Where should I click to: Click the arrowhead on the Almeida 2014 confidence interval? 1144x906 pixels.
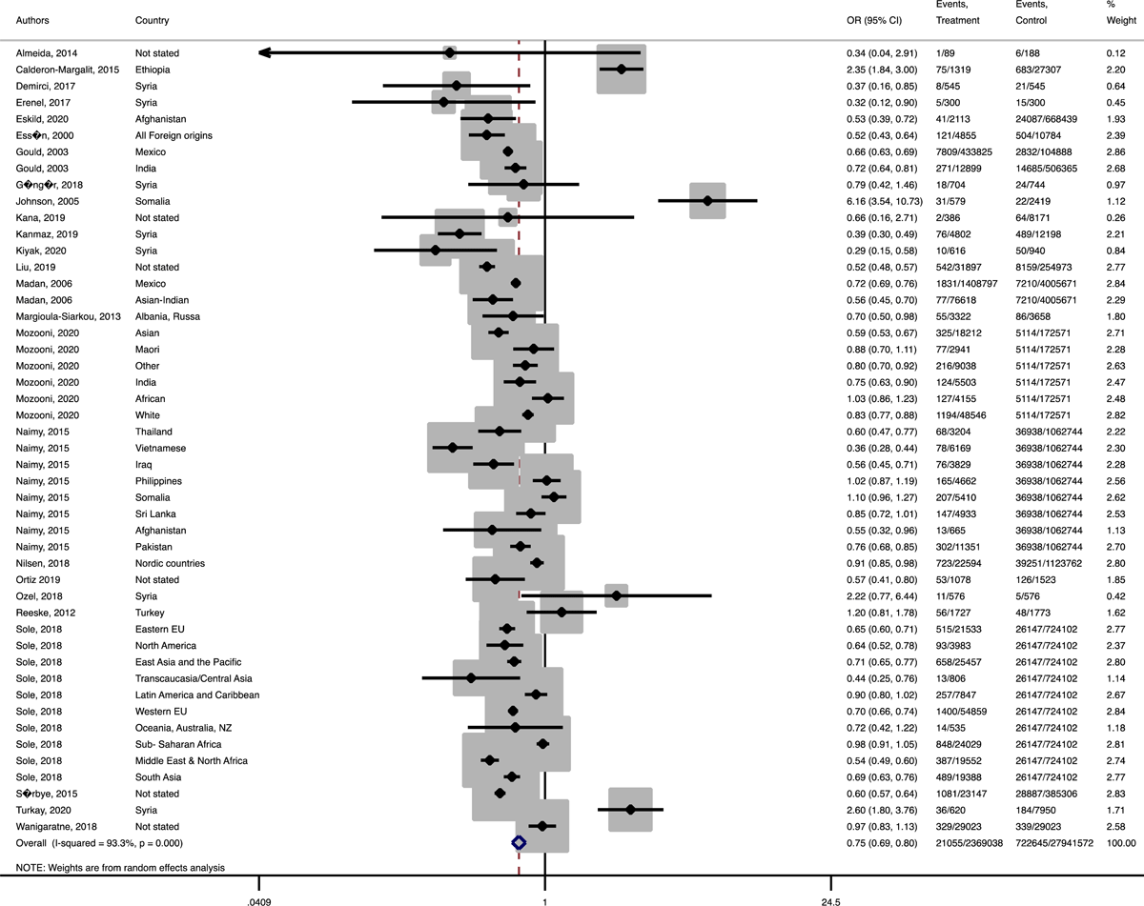click(x=267, y=53)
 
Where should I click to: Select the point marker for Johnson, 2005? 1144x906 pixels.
click(x=707, y=201)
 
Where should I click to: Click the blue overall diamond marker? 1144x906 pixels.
click(x=519, y=842)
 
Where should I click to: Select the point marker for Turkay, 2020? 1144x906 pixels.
click(x=630, y=810)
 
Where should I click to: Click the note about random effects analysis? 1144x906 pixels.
click(x=120, y=867)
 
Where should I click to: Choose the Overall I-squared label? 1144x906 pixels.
click(x=99, y=842)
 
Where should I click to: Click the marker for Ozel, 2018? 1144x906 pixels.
click(x=616, y=595)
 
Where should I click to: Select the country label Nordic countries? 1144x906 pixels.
click(x=170, y=563)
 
